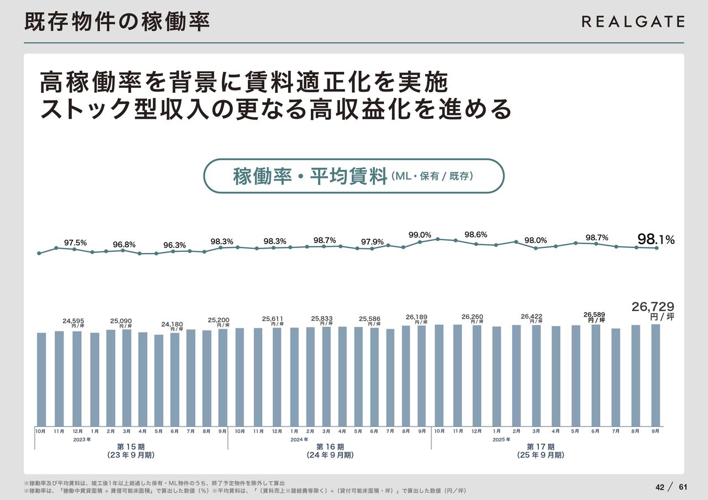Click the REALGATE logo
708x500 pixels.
633,22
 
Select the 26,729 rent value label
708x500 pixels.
653,306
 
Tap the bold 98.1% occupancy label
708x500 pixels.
656,239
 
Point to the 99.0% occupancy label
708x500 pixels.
420,235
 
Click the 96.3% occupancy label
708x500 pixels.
174,245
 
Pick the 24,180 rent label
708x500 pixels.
172,324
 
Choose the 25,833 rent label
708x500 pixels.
322,318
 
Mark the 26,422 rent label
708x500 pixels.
532,317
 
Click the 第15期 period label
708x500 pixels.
131,446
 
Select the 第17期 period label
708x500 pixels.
540,446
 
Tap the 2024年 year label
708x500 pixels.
299,440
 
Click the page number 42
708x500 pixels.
659,487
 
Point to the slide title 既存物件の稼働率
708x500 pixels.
117,22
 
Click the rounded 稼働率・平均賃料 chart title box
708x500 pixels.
354,176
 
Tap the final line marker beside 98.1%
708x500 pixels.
657,248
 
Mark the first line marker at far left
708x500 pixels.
39,254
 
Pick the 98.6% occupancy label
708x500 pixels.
476,235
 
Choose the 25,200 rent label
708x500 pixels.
218,320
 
